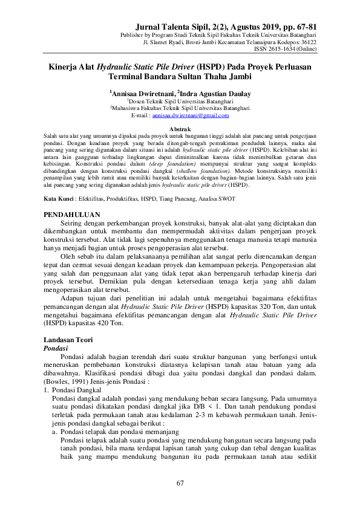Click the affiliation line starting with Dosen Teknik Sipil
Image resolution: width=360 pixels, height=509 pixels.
point(180,102)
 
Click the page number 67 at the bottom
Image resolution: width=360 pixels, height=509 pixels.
point(180,482)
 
